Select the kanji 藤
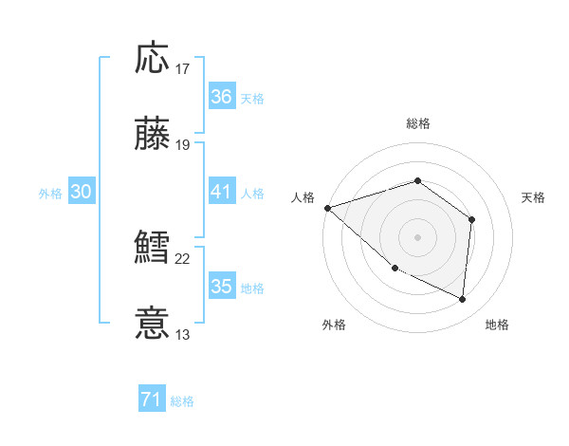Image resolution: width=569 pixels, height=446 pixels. (x=154, y=134)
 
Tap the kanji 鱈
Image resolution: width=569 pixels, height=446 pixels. (x=154, y=249)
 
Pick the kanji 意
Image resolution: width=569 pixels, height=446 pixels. (x=154, y=324)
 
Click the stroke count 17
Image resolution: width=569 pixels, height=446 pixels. (x=183, y=69)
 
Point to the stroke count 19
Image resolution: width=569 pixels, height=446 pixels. (x=183, y=145)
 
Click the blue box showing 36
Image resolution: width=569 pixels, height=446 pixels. (x=221, y=97)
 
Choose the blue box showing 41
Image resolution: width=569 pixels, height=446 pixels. (x=221, y=192)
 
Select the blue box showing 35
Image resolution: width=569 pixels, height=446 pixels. (x=221, y=287)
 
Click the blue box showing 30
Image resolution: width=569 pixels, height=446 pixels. (x=82, y=192)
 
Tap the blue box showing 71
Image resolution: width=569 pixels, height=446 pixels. (x=151, y=400)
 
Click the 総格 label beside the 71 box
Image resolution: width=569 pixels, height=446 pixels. (x=182, y=401)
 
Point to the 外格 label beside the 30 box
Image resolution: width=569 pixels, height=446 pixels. (x=50, y=193)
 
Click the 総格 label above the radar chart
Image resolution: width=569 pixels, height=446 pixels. (x=417, y=123)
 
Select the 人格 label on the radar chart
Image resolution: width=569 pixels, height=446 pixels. (x=303, y=197)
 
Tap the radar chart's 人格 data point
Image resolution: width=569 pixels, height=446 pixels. (x=327, y=207)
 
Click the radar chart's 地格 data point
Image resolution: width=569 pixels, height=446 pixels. (x=463, y=300)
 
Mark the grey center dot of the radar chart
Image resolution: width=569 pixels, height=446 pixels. (x=417, y=236)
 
